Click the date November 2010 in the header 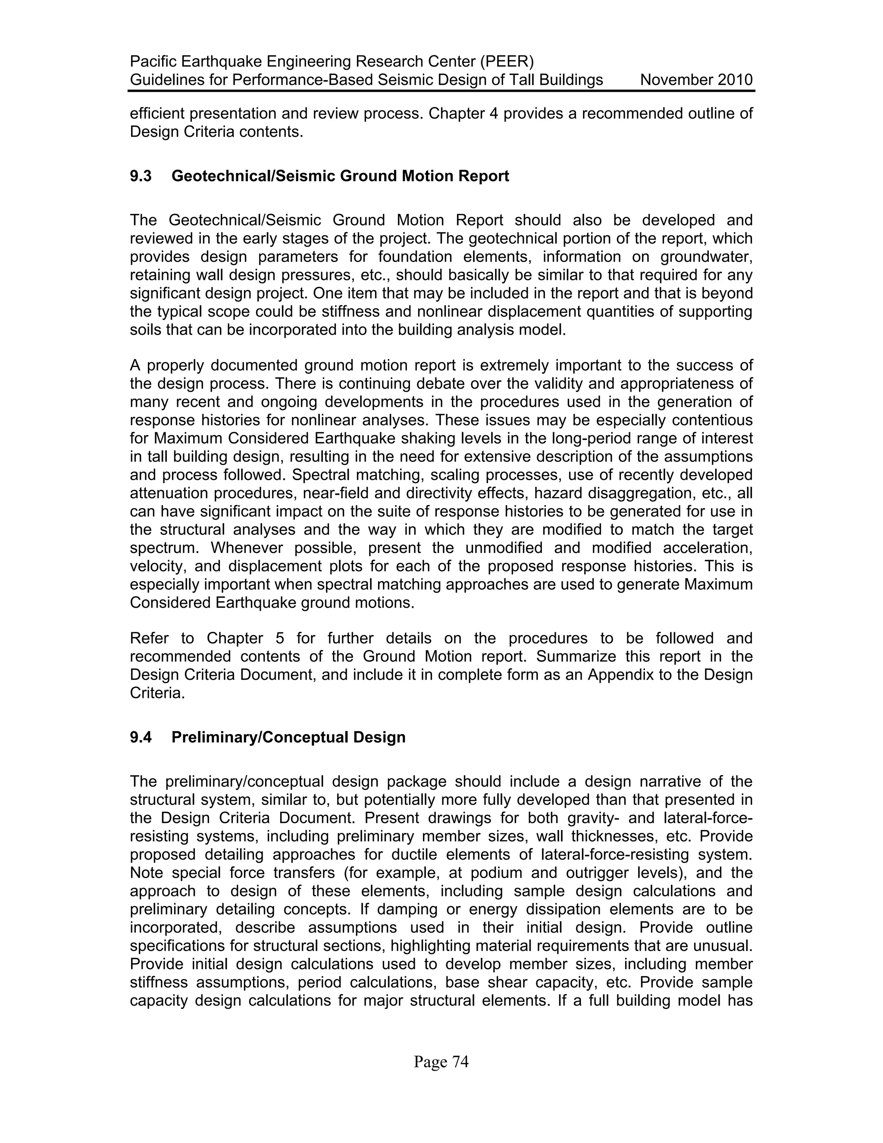pyautogui.click(x=696, y=80)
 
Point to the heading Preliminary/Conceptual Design pyautogui.click(x=288, y=738)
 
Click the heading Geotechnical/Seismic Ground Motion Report pyautogui.click(x=340, y=176)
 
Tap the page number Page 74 pyautogui.click(x=441, y=1061)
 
